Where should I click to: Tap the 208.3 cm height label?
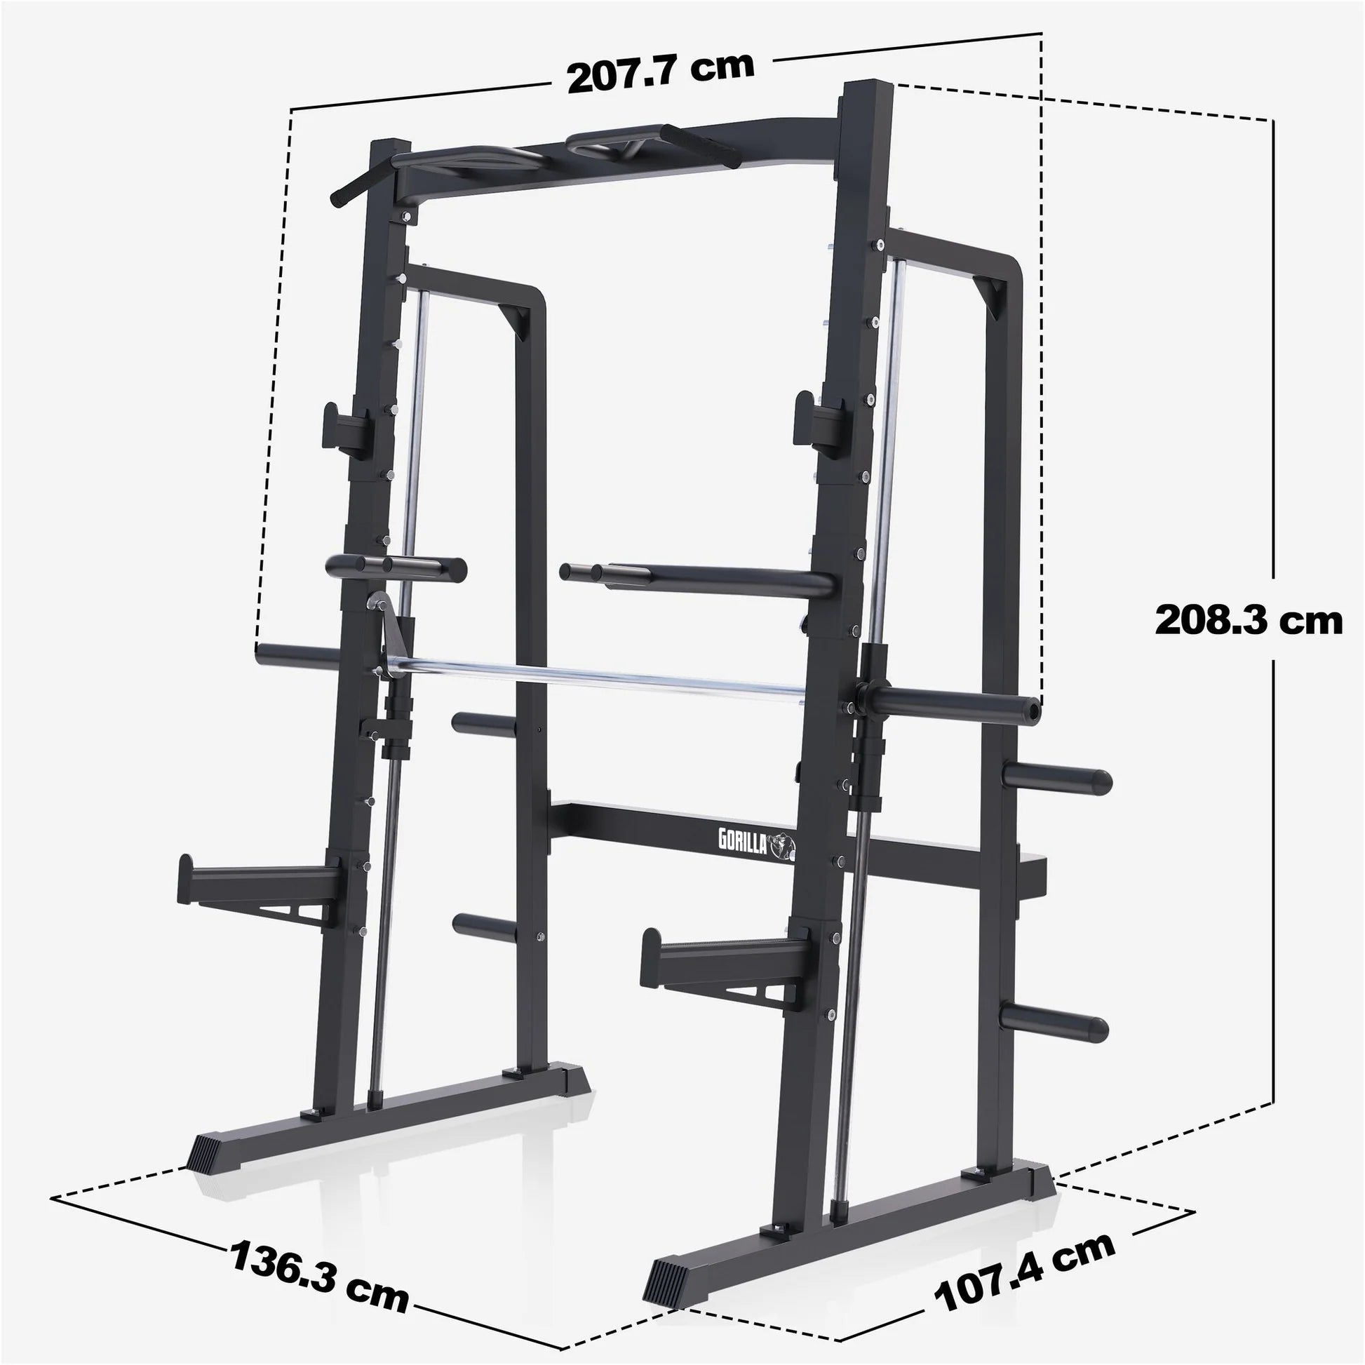(x=1249, y=621)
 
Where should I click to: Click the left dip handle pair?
(x=396, y=566)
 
